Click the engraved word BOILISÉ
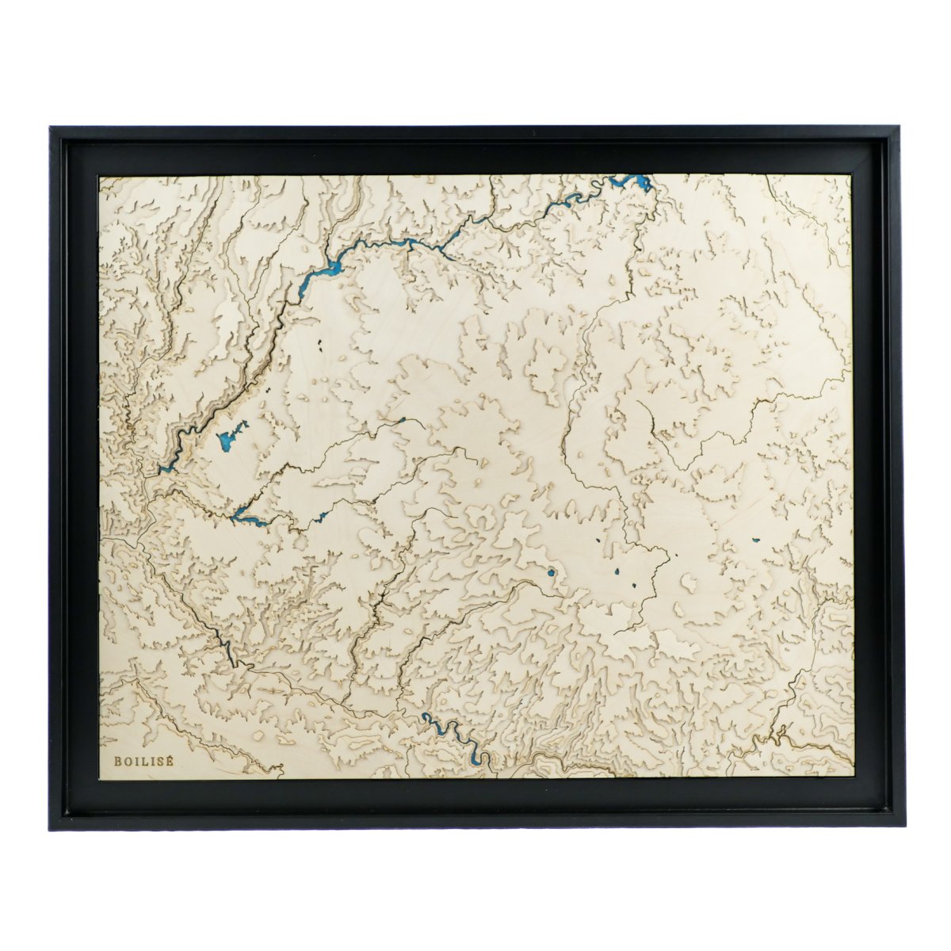(144, 761)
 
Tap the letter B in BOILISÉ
(118, 761)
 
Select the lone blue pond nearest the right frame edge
(755, 541)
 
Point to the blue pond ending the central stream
(402, 421)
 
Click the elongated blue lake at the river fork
(246, 519)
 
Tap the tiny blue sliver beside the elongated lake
(322, 517)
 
